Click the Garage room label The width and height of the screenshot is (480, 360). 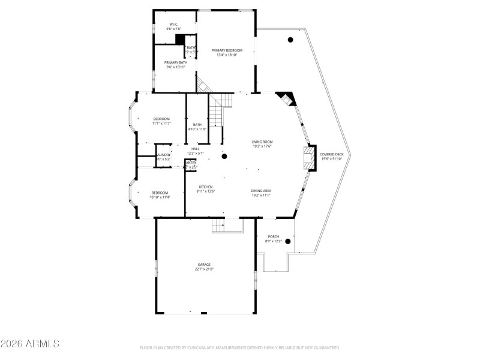pos(205,264)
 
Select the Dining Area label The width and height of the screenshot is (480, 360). pos(260,191)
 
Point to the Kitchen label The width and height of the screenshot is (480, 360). pos(206,187)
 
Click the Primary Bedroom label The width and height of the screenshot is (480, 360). pos(227,50)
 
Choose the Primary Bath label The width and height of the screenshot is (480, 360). pos(175,62)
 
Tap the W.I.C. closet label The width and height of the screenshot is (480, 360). pos(174,25)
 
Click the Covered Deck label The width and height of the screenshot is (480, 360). pos(331,154)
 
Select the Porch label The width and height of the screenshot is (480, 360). pos(273,236)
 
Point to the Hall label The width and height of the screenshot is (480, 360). pos(196,149)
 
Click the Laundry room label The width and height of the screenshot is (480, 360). pos(164,154)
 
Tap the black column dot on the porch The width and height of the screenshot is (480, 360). pos(288,242)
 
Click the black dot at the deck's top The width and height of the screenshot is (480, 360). pos(290,40)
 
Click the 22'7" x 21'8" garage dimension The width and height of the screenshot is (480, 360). pos(205,269)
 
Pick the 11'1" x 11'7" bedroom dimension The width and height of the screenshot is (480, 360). pos(162,124)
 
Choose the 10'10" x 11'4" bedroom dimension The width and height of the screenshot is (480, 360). pos(160,197)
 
